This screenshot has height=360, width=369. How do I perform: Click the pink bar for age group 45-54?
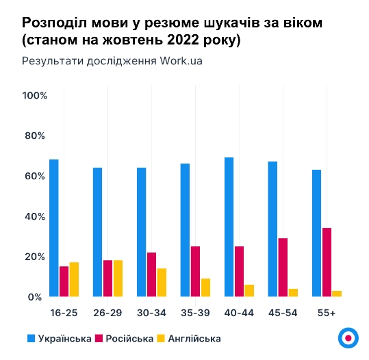pyautogui.click(x=283, y=268)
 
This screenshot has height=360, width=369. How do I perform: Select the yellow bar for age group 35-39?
pyautogui.click(x=205, y=287)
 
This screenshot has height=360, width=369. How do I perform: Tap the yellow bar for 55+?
pyautogui.click(x=337, y=294)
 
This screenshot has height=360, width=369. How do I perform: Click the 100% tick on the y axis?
pyautogui.click(x=34, y=95)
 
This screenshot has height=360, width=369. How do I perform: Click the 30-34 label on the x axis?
pyautogui.click(x=151, y=313)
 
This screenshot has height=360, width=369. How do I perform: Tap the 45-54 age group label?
pyautogui.click(x=283, y=313)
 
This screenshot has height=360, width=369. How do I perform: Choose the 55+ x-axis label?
pyautogui.click(x=327, y=313)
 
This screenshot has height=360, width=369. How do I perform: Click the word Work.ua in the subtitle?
pyautogui.click(x=181, y=60)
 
